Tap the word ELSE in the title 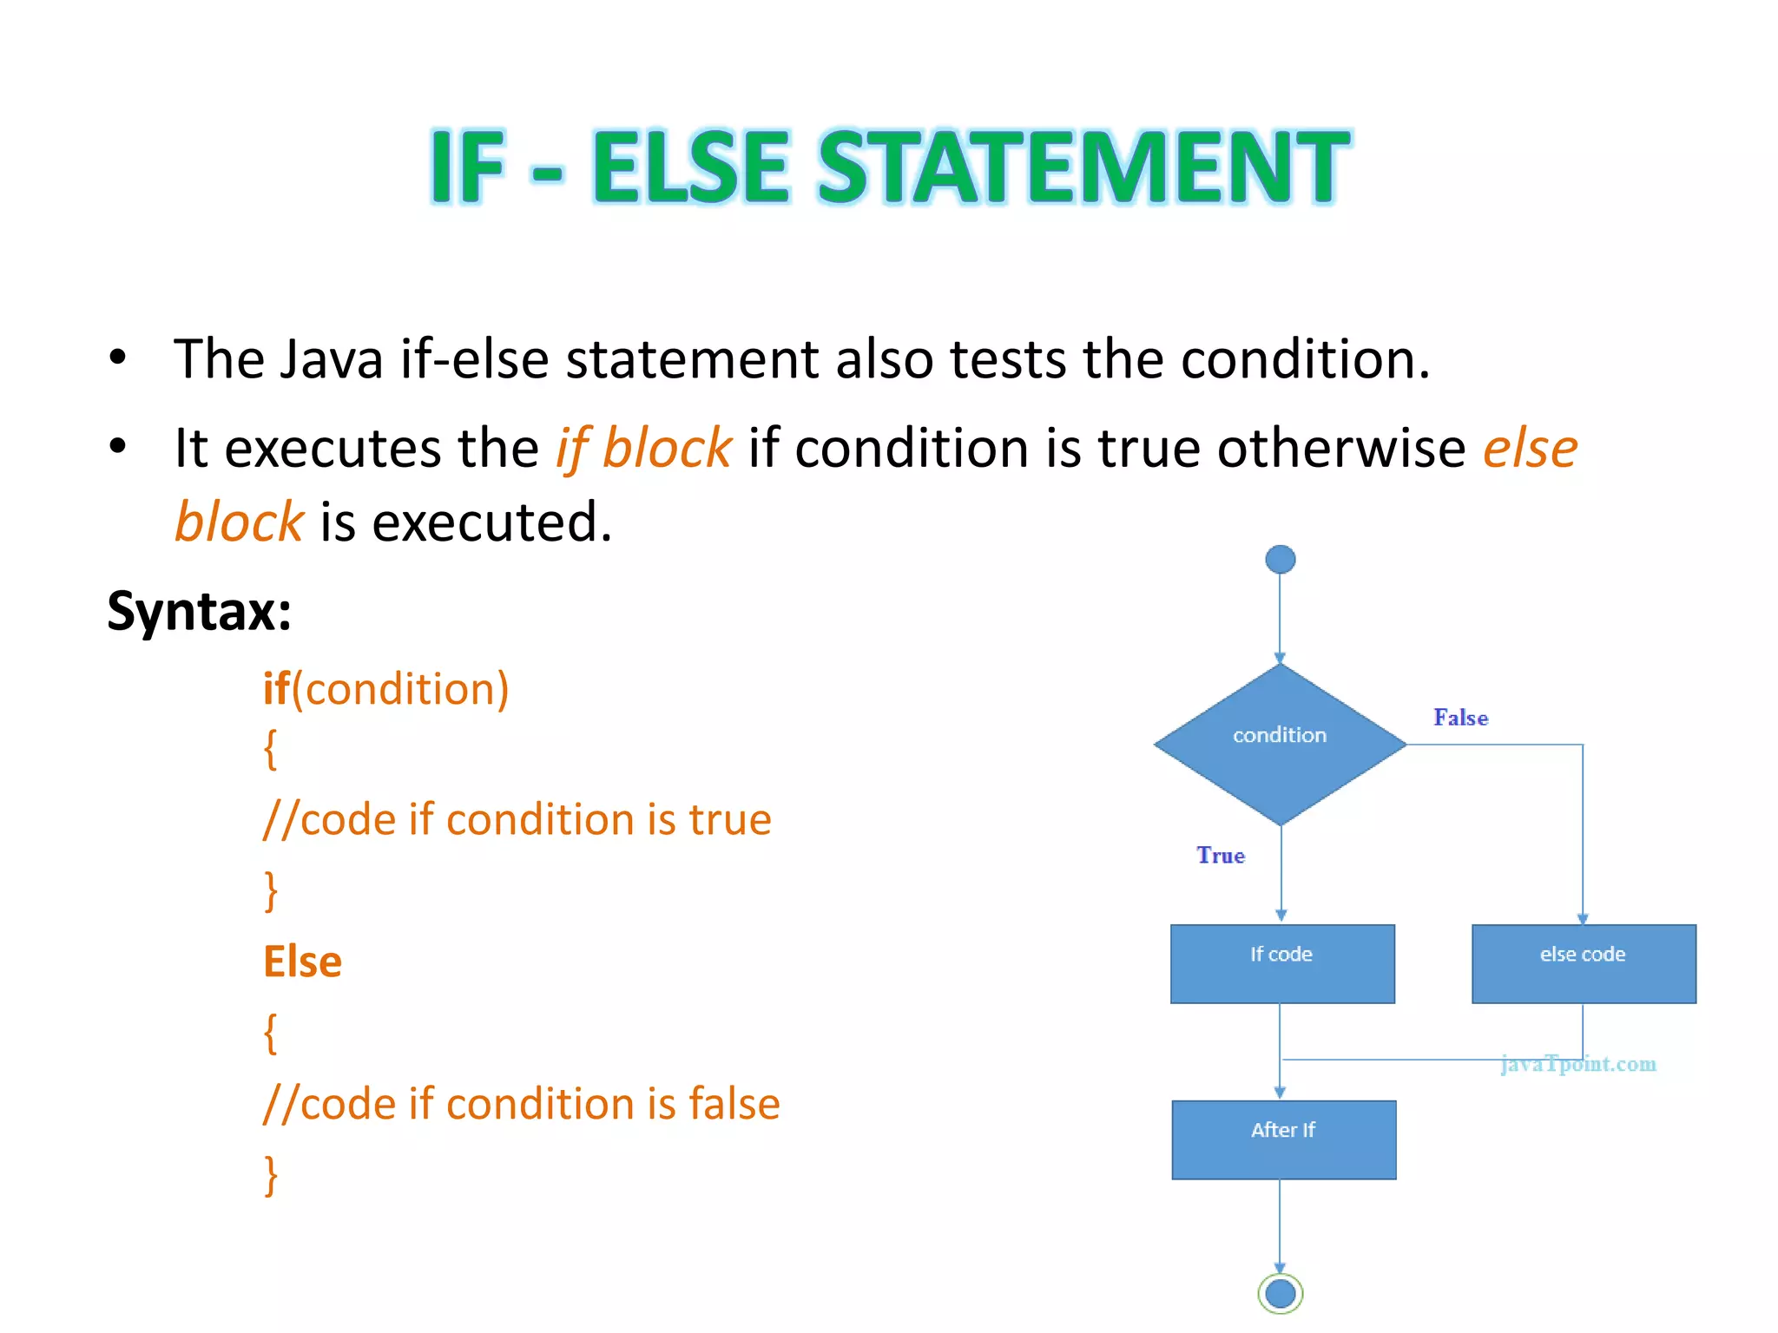[690, 167]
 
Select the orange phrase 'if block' [644, 449]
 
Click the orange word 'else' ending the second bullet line [1530, 449]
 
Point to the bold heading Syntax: [199, 611]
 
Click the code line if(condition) [385, 689]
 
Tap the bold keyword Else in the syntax [302, 962]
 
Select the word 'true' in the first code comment [729, 820]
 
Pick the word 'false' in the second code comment [734, 1104]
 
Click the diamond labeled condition [1280, 745]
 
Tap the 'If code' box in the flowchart [1282, 963]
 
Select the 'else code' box [1584, 963]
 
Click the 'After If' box [1283, 1139]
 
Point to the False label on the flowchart [1460, 718]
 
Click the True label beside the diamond [1221, 856]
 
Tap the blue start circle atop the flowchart [1280, 560]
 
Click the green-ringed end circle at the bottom [1280, 1294]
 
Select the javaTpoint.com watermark [1578, 1064]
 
